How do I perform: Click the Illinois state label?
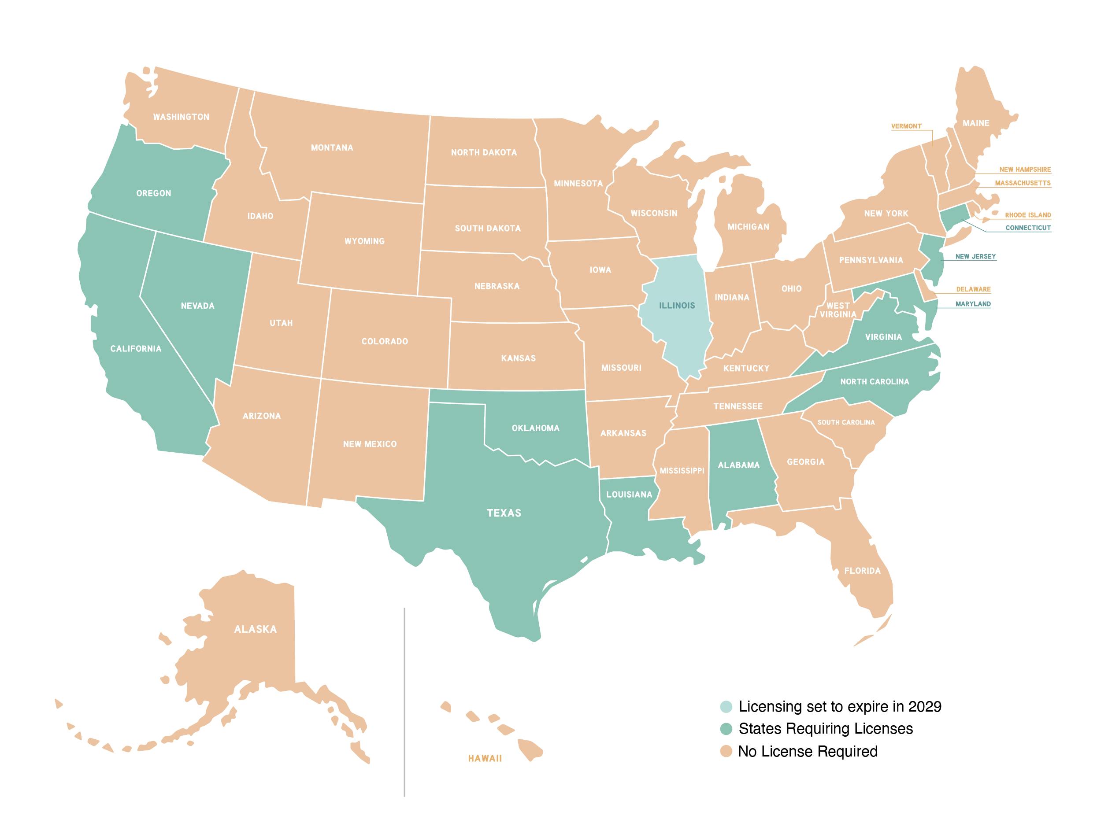click(676, 306)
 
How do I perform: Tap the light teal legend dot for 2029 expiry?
click(726, 706)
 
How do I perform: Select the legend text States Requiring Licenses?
click(825, 729)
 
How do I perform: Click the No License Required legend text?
click(808, 752)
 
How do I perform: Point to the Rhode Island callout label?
click(1027, 215)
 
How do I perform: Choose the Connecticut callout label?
click(1028, 228)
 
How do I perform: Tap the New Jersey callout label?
click(975, 257)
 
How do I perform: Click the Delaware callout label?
click(973, 289)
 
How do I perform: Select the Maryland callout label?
click(973, 304)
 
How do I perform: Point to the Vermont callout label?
click(906, 126)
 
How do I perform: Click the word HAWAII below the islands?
click(485, 759)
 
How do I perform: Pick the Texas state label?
click(504, 513)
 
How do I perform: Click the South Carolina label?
click(846, 422)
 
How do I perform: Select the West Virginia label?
click(838, 310)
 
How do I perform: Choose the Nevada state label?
click(197, 306)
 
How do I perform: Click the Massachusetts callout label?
click(1022, 183)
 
